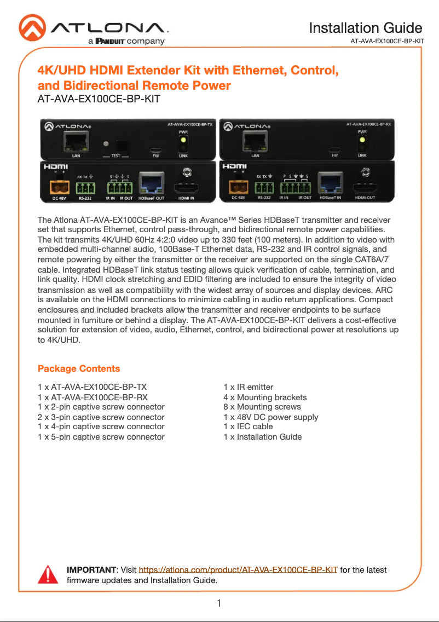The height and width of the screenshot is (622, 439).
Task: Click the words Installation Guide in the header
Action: pyautogui.click(x=365, y=28)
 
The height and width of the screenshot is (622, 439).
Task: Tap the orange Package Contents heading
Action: pyautogui.click(x=79, y=368)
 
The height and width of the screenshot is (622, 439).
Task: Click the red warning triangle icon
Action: pyautogui.click(x=48, y=574)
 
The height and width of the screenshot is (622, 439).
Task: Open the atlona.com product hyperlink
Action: pyautogui.click(x=238, y=570)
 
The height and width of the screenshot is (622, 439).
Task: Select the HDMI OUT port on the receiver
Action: pyautogui.click(x=365, y=188)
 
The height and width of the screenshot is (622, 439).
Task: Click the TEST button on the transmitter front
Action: pyautogui.click(x=123, y=146)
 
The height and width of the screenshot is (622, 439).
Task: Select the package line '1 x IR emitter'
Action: pyautogui.click(x=249, y=387)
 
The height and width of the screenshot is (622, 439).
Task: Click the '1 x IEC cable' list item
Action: pyautogui.click(x=248, y=427)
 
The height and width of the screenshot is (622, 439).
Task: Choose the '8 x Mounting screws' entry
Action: pyautogui.click(x=262, y=407)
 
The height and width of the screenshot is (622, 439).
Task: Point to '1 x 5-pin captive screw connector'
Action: pyautogui.click(x=101, y=436)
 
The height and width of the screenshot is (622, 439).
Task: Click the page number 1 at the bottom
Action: pyautogui.click(x=219, y=603)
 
